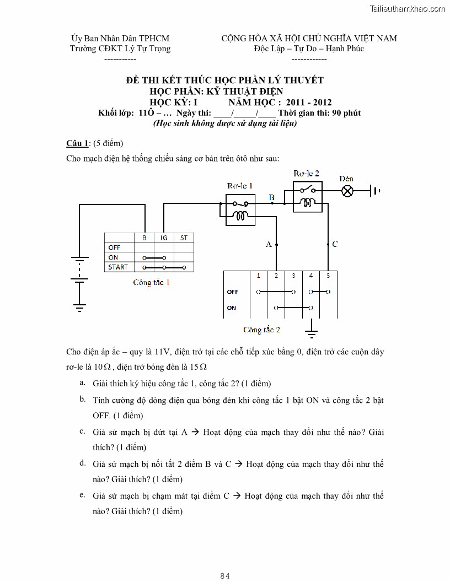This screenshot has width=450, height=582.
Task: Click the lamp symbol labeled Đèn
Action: [347, 191]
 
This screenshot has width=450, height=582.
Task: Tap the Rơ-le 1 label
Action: [240, 186]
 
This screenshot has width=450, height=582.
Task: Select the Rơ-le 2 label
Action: [306, 173]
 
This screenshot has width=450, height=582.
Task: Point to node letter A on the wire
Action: [269, 244]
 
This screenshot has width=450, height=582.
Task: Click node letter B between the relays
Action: [271, 197]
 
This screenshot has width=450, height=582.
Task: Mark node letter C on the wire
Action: [335, 244]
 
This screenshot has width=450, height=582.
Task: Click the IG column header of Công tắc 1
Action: [164, 238]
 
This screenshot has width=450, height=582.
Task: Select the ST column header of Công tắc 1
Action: [184, 238]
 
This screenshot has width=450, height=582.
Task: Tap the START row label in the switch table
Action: [118, 267]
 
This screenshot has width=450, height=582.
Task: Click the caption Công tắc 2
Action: [261, 330]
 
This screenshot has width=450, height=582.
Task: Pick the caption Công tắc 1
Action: [151, 282]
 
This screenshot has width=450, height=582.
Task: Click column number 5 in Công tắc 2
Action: [328, 275]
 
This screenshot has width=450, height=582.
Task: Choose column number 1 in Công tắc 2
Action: [259, 275]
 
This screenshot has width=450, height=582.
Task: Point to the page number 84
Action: [224, 576]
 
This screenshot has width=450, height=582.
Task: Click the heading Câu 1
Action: [77, 143]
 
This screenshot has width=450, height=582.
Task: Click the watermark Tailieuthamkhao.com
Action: [408, 8]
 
